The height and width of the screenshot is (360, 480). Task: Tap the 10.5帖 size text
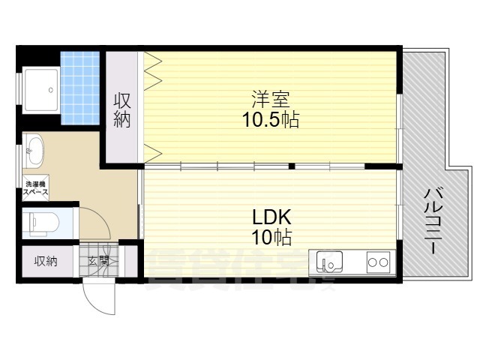pyautogui.click(x=270, y=120)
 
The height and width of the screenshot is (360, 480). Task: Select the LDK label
pyautogui.click(x=271, y=218)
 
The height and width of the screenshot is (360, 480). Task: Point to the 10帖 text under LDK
pyautogui.click(x=271, y=238)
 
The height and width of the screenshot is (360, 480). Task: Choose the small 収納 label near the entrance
pyautogui.click(x=45, y=261)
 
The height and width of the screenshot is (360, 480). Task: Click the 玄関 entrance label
pyautogui.click(x=98, y=261)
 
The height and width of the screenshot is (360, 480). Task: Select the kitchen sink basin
pyautogui.click(x=330, y=262)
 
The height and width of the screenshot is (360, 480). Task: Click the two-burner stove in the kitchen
pyautogui.click(x=377, y=262)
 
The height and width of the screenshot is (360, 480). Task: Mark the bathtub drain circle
pyautogui.click(x=50, y=89)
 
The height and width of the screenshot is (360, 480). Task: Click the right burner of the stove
pyautogui.click(x=384, y=262)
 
